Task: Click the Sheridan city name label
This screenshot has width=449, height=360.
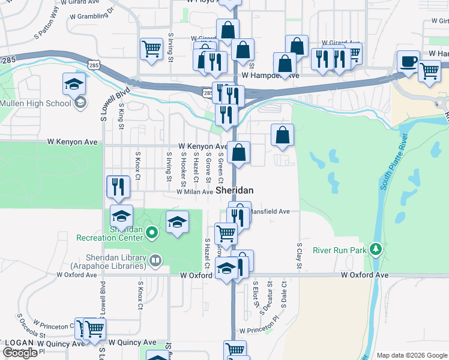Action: (x=234, y=190)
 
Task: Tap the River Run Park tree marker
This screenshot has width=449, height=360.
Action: (x=376, y=248)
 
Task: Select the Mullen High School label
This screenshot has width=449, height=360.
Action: (x=35, y=103)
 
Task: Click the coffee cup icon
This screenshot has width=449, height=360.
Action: (x=409, y=62)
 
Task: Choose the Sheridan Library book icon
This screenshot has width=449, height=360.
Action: (x=155, y=260)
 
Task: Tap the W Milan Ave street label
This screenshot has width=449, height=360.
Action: (x=194, y=192)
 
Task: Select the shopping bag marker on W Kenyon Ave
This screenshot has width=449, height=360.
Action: (x=239, y=154)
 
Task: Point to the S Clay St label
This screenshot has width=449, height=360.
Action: (x=298, y=255)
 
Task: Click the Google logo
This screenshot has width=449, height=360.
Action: (x=20, y=353)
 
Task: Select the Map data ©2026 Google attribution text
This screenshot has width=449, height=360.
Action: (x=412, y=355)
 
